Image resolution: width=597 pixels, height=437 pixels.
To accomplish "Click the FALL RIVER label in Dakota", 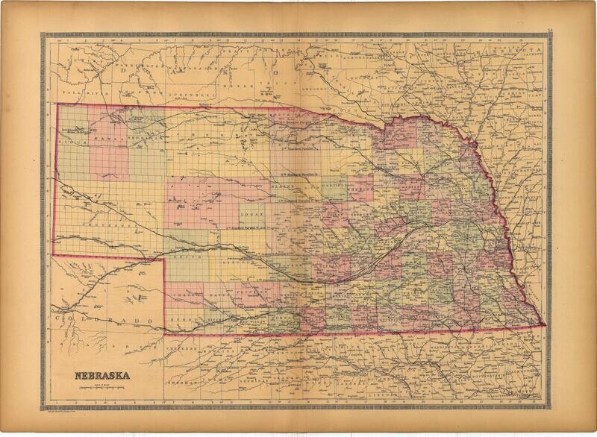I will tap(76, 89).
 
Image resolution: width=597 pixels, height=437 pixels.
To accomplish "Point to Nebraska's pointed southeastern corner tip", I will tap(543, 325).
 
